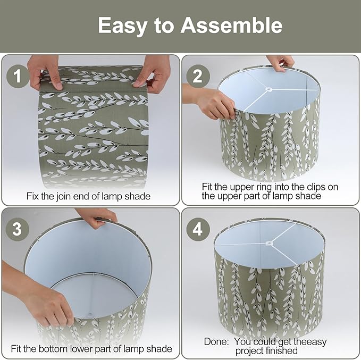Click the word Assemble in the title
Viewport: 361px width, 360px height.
[x=231, y=26]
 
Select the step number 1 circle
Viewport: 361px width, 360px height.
[x=18, y=76]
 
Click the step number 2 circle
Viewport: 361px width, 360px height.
[x=198, y=76]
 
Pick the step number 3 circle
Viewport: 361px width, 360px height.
[x=17, y=229]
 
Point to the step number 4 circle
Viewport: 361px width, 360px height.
[x=198, y=229]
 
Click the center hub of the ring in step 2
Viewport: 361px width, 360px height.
[x=268, y=89]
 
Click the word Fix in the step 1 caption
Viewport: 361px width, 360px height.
[x=32, y=196]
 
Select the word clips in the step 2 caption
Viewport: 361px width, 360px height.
[x=317, y=187]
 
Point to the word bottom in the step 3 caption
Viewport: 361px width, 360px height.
[x=53, y=349]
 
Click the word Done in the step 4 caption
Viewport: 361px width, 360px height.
[x=216, y=341]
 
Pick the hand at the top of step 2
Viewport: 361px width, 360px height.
[x=281, y=63]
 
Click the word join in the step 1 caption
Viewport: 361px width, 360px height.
[x=63, y=197]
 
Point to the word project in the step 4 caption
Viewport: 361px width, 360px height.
[x=249, y=351]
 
